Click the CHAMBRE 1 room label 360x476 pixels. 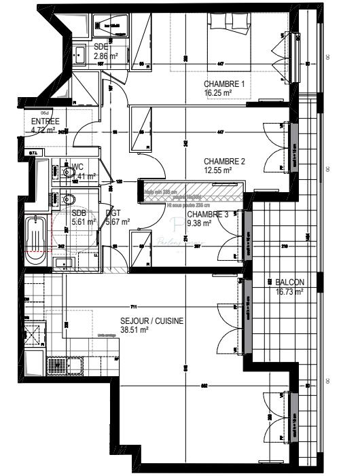point(223,84)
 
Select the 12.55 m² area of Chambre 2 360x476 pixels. point(218,170)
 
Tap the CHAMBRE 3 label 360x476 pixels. point(208,215)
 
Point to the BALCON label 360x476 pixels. point(290,282)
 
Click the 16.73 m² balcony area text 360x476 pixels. point(289,291)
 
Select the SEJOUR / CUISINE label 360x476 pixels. point(151,321)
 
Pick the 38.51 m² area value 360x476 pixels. point(134,331)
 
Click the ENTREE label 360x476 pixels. point(45,122)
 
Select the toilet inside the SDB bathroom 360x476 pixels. point(68,200)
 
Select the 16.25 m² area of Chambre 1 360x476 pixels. point(218,93)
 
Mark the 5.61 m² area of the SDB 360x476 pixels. point(84,221)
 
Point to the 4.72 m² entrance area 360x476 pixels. point(43,130)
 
